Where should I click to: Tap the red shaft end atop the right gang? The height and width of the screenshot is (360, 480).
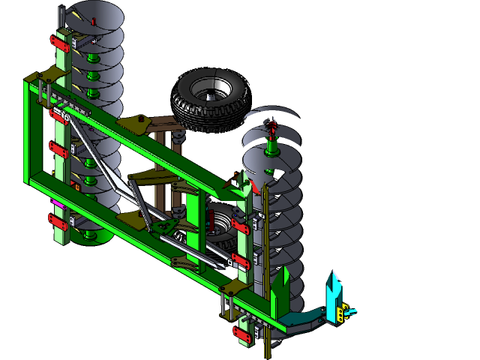coord(273,123)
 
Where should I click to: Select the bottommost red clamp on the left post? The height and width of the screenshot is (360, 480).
coord(58,223)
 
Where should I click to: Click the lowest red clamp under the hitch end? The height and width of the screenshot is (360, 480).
coord(243,333)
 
